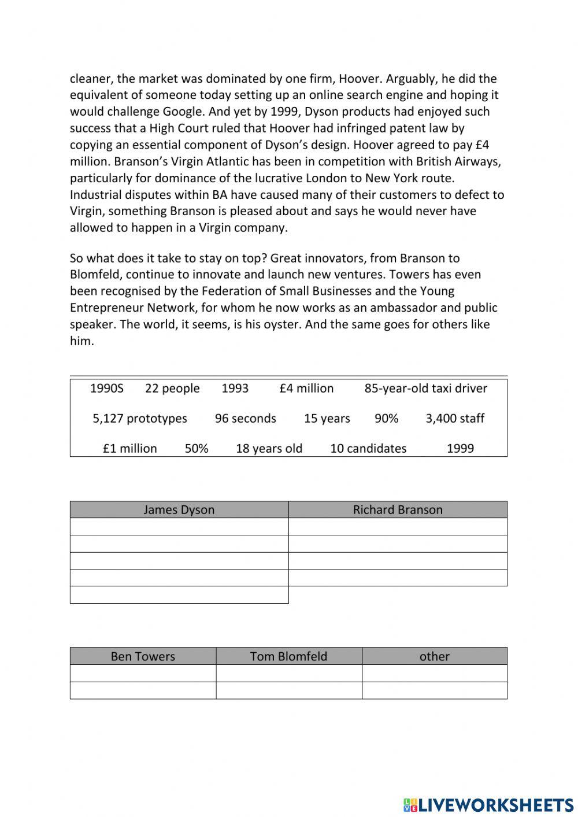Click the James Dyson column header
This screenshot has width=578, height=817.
(179, 509)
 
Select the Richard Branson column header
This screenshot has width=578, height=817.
(398, 509)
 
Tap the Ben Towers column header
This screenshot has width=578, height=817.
(143, 656)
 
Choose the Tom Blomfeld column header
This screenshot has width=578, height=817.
(288, 656)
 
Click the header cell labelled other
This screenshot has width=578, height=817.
(434, 656)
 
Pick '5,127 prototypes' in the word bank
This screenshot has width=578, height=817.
(140, 418)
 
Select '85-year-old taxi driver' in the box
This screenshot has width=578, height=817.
(425, 388)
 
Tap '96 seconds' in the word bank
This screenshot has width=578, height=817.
(246, 418)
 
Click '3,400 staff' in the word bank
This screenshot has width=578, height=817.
(455, 418)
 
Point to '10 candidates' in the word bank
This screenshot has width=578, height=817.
(368, 448)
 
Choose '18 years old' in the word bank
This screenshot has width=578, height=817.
(269, 448)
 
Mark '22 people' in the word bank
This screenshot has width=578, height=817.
(172, 388)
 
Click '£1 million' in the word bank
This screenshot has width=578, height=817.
(130, 448)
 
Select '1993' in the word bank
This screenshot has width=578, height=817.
(235, 388)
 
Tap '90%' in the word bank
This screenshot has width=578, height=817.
(386, 418)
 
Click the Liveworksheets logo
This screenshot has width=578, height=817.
(488, 804)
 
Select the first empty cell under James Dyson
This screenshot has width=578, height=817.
(179, 527)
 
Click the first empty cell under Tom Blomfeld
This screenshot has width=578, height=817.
(288, 674)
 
